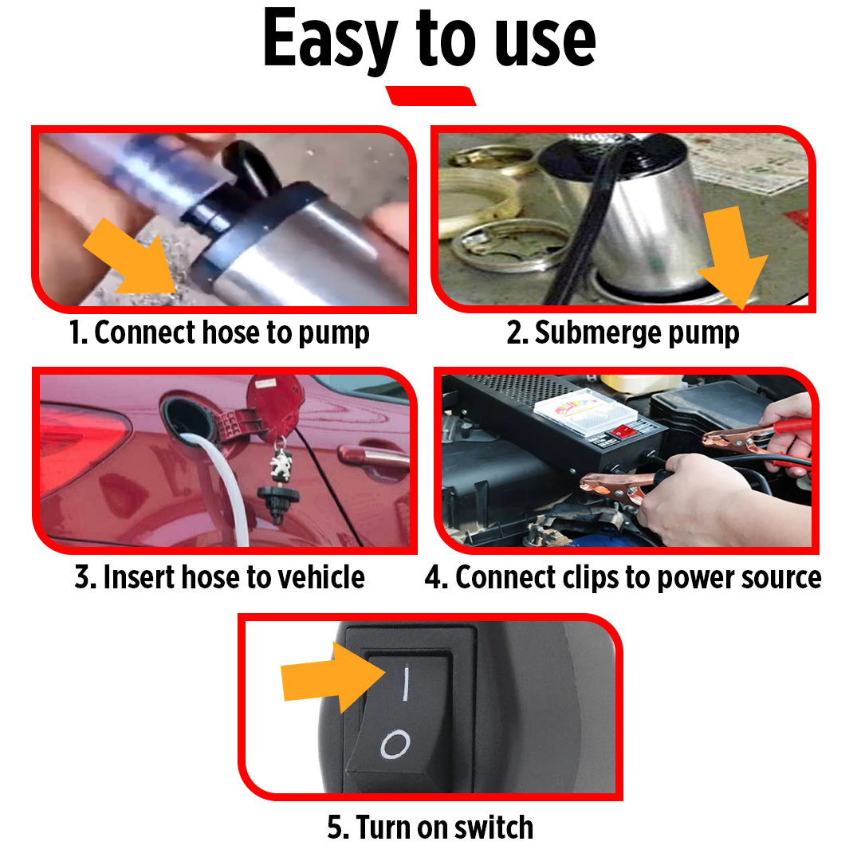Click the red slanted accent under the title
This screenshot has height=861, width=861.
click(431, 96)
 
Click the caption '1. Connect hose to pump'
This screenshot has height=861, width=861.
click(219, 332)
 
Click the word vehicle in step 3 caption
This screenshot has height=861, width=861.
click(318, 576)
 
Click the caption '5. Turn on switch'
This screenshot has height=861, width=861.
click(430, 827)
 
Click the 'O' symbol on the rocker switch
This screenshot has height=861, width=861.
click(395, 745)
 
